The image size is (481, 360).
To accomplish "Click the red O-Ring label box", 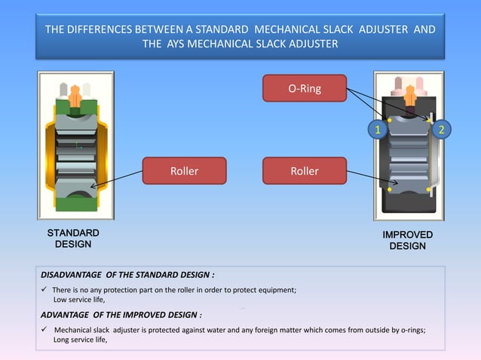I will point(304,88).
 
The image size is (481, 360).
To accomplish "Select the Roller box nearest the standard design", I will point(184,171).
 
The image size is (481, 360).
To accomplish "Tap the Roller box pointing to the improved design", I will point(304,171).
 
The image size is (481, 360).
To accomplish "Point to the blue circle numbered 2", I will point(443,130).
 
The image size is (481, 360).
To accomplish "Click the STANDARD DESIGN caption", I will point(72,238).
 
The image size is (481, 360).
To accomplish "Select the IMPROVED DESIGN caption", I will point(408,240).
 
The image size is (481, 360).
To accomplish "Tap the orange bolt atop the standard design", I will point(75,96).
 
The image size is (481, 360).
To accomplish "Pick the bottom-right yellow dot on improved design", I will point(428,188).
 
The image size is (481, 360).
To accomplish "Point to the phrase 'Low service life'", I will point(80,300).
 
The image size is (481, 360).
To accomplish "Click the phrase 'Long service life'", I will point(81,340).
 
